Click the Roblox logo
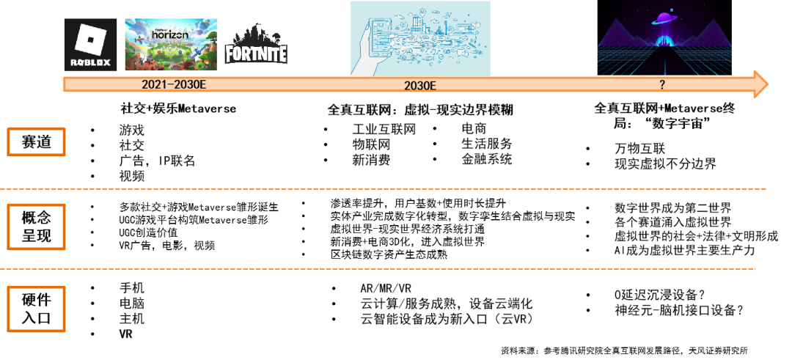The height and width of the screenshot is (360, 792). click(x=90, y=44)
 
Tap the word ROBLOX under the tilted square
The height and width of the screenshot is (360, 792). click(x=90, y=62)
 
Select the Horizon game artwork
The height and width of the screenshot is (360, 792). click(x=171, y=44)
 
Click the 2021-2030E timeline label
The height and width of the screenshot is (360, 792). click(x=174, y=84)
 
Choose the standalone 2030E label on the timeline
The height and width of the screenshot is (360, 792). click(x=420, y=85)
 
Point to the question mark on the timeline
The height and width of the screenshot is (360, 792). click(x=662, y=85)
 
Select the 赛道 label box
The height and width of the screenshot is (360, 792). click(x=37, y=142)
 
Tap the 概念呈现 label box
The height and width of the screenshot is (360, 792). click(x=37, y=227)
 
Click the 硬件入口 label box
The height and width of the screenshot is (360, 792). click(x=37, y=309)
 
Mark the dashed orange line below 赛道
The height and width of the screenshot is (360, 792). click(x=381, y=189)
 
